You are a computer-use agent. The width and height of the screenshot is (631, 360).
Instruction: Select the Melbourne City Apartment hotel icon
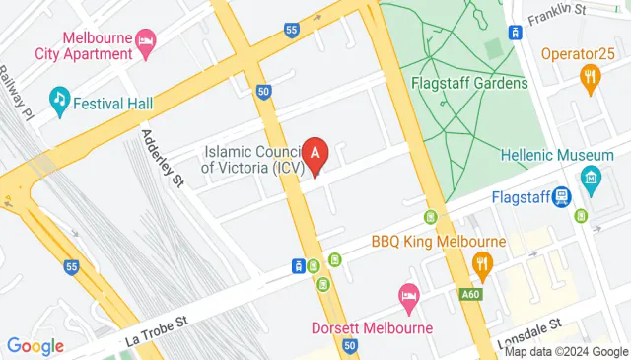pos(146,39)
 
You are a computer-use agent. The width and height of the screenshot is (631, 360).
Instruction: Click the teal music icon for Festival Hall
pos(61,98)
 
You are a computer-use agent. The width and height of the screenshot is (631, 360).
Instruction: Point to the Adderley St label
pos(164,158)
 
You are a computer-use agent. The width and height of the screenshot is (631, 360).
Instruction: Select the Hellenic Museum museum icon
pos(591,179)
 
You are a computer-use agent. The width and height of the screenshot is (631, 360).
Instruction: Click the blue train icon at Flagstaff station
pos(561,196)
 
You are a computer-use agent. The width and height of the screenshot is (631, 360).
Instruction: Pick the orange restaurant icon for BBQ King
pos(482,262)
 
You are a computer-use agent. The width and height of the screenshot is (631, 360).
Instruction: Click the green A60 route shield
pos(471,293)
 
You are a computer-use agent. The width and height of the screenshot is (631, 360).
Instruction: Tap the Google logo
pos(35,346)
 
